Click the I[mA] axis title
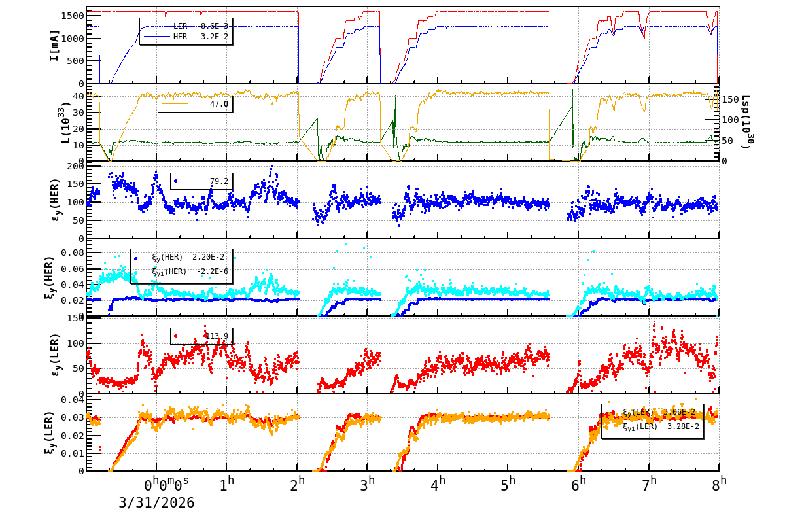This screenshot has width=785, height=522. (x=54, y=45)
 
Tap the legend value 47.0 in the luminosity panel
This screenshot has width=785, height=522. (x=218, y=104)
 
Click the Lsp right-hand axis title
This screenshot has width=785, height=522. (x=746, y=122)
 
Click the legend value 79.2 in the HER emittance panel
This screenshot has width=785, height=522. (x=218, y=181)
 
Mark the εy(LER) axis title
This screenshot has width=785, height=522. (x=54, y=355)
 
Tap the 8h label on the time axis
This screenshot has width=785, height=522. (x=720, y=484)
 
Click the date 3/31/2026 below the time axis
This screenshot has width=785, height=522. (x=156, y=503)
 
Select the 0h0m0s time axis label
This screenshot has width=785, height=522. (x=166, y=485)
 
